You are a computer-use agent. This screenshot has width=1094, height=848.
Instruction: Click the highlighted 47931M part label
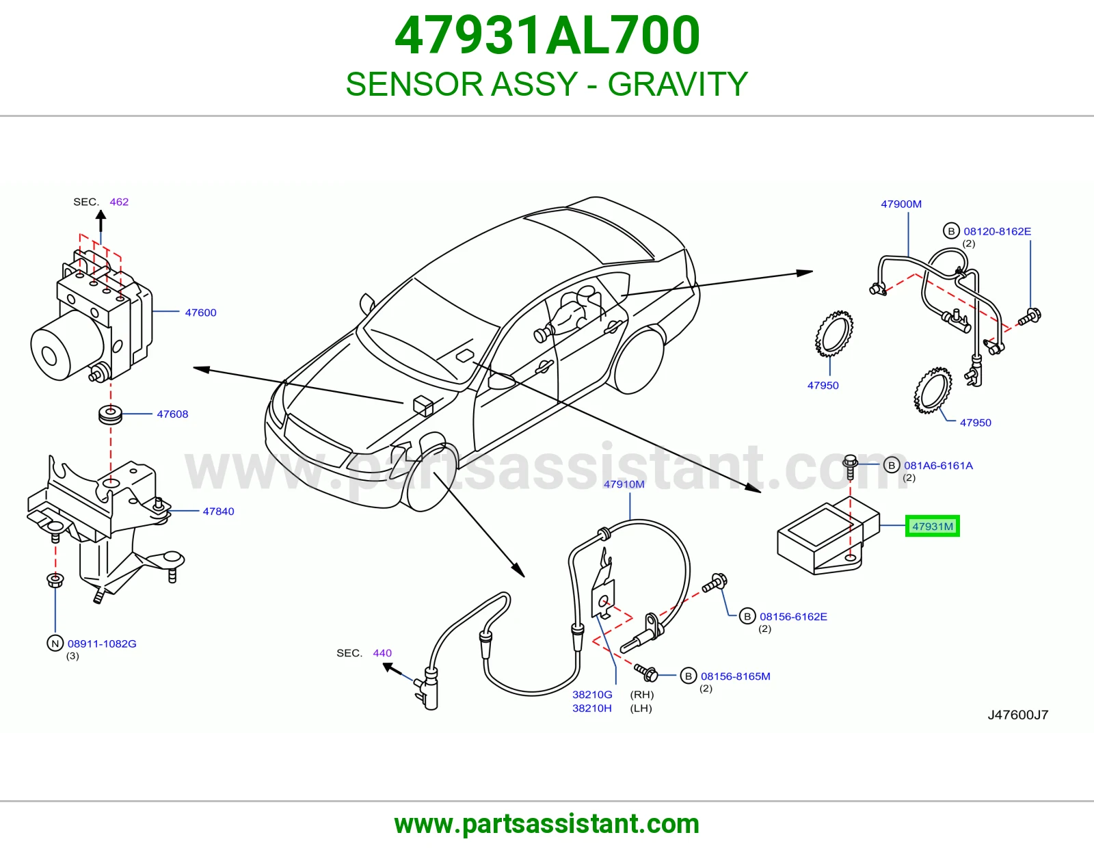pos(932,526)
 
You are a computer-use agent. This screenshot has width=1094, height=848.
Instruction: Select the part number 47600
pos(200,313)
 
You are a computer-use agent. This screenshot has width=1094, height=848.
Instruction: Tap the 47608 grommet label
pos(172,414)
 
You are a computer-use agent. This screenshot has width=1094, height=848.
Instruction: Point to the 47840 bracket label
pos(218,512)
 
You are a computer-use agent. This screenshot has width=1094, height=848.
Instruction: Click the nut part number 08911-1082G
pos(102,644)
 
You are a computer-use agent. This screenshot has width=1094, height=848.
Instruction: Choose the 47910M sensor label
pos(624,484)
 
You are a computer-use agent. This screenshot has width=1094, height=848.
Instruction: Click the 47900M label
pos(901,204)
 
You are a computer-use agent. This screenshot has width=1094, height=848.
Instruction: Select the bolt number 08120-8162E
pos(997,232)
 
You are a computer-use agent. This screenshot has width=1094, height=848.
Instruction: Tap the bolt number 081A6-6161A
pos(938,466)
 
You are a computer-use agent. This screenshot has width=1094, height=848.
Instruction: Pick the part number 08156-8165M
pos(735,676)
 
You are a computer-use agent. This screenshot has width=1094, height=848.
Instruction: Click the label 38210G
pos(592,695)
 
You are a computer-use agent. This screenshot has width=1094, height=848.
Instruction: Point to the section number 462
pos(119,202)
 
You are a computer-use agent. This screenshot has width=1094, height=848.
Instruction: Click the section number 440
pos(382,653)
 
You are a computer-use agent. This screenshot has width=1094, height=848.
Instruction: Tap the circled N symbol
pos(55,644)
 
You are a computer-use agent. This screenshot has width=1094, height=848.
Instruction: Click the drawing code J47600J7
pos(1017,715)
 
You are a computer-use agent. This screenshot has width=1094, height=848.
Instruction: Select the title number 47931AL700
pos(547,36)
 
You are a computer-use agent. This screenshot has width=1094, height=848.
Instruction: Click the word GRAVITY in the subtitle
pos(677,84)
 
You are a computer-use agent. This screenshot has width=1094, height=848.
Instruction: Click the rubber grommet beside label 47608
pos(110,414)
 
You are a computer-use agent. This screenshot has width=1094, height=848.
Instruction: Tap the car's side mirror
pos(367,304)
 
